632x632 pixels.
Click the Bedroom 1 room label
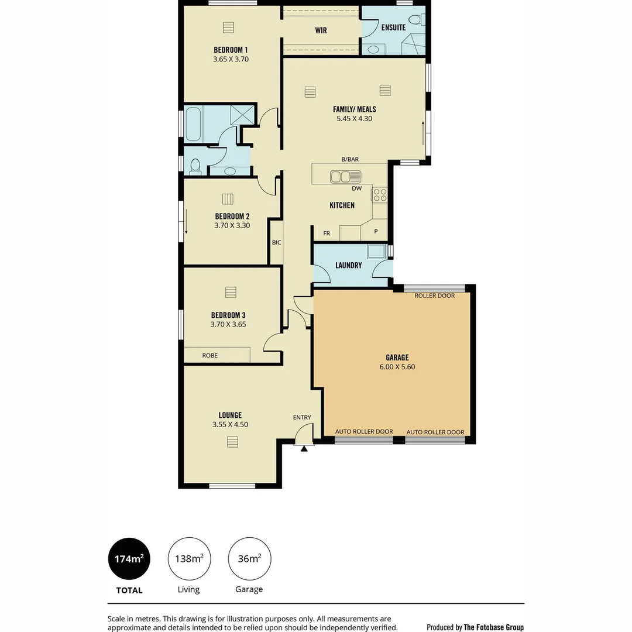coord(231,50)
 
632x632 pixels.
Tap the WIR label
coord(321,30)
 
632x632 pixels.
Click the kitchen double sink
coord(345,176)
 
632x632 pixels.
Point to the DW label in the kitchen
coord(356,188)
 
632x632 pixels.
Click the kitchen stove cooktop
coord(379,194)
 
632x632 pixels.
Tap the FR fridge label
coord(327,233)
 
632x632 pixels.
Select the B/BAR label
coord(350,159)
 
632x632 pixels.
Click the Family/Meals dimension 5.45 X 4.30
coord(354,118)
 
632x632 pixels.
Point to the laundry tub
coord(376,252)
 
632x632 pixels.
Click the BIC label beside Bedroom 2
coord(276,242)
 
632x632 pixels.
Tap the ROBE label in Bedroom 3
coord(209,355)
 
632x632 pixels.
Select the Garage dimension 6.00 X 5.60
coord(397,367)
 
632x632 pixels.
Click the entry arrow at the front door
coord(304,449)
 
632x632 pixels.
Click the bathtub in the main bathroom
coord(193,123)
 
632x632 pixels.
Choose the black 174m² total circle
coord(129,559)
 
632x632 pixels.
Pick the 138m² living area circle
coord(189,559)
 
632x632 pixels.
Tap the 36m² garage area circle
coord(249,559)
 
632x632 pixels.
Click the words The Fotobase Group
coord(493,627)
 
